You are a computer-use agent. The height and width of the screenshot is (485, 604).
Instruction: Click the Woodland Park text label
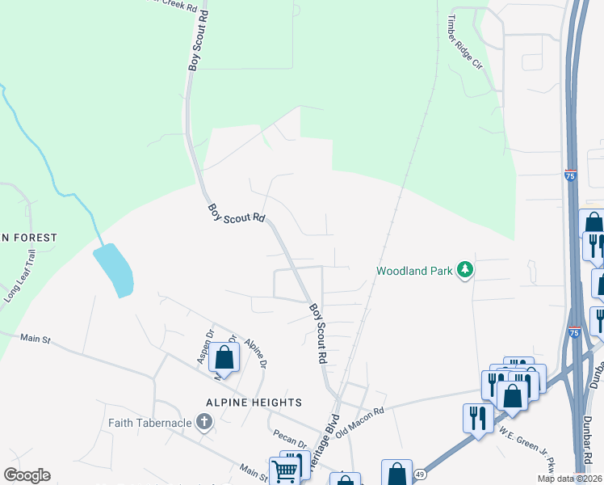pos(415,271)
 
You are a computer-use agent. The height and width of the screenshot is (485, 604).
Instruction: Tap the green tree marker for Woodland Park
pos(464,269)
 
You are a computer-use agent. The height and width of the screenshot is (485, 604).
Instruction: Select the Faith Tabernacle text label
pos(150,422)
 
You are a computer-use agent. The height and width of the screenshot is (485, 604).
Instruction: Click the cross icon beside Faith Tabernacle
pos(204,421)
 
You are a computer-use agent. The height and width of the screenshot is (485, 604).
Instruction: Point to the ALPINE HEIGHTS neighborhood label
pos(241,403)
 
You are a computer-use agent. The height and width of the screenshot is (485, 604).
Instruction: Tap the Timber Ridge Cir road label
pos(465,41)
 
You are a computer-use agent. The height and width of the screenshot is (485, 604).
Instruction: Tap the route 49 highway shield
pos(420,474)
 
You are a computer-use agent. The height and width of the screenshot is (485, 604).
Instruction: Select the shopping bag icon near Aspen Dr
pos(226,357)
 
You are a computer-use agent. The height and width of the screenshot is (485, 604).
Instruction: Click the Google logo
pos(27,475)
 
